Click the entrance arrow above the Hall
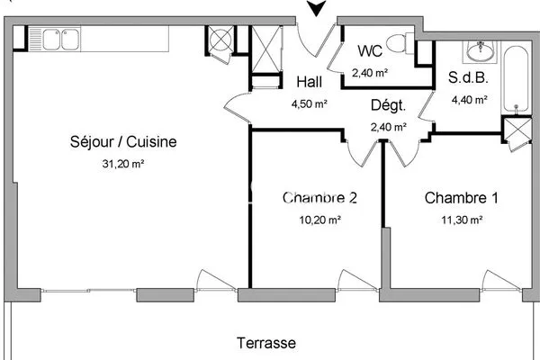tap(316, 7)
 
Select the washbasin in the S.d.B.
tap(480, 51)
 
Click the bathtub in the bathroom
tap(516, 79)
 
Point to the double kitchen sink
tap(54, 40)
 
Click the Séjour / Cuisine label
tap(123, 142)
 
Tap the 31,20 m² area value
tap(123, 164)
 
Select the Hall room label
tap(310, 82)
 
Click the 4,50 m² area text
tap(310, 103)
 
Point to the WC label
tap(370, 51)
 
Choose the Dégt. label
tap(388, 105)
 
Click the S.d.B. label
tap(468, 78)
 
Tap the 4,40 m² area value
tap(470, 100)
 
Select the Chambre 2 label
tap(319, 198)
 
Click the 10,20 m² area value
tap(319, 220)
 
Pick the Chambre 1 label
tap(462, 198)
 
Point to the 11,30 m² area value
tap(462, 220)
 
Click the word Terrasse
tap(266, 343)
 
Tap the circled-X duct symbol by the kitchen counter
tap(220, 40)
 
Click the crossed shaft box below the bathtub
tap(517, 130)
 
